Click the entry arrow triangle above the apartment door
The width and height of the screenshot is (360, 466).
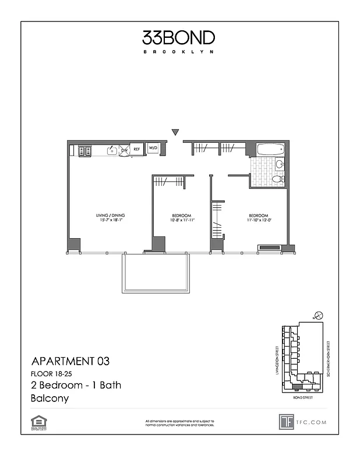pyautogui.click(x=175, y=133)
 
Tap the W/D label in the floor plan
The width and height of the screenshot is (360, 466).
pyautogui.click(x=154, y=149)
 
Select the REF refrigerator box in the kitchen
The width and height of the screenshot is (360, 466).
pyautogui.click(x=137, y=149)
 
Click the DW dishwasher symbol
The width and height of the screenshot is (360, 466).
pyautogui.click(x=124, y=150)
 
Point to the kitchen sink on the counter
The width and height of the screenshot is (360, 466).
pyautogui.click(x=110, y=151)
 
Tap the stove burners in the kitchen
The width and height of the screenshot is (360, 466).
pyautogui.click(x=84, y=151)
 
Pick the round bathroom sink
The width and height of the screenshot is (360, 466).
pyautogui.click(x=279, y=165)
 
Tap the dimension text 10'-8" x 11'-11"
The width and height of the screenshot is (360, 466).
pyautogui.click(x=181, y=220)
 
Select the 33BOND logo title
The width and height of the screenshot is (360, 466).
pyautogui.click(x=179, y=38)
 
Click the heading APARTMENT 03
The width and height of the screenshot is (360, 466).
pyautogui.click(x=69, y=361)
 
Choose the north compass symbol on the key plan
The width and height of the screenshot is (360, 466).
pyautogui.click(x=319, y=315)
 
